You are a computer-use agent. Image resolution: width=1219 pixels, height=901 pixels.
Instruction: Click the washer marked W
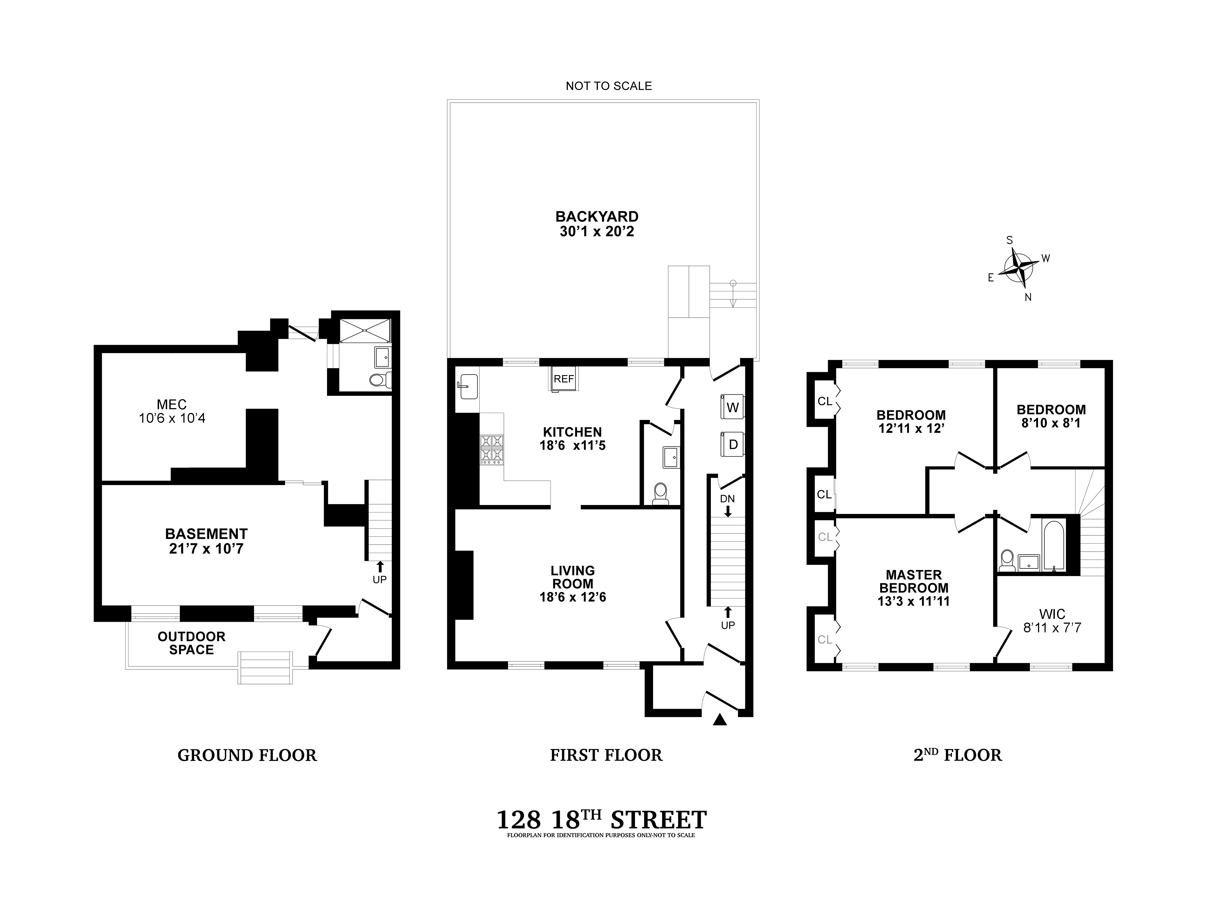pyautogui.click(x=731, y=407)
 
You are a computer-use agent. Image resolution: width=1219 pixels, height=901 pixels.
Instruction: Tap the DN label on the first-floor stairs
pyautogui.click(x=727, y=499)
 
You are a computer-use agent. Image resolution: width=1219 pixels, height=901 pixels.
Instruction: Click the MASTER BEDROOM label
pyautogui.click(x=913, y=581)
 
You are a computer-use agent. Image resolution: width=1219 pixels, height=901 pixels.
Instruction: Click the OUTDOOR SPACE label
pyautogui.click(x=192, y=643)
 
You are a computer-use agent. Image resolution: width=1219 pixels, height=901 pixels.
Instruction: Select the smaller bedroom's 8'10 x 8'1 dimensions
pyautogui.click(x=1051, y=423)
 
